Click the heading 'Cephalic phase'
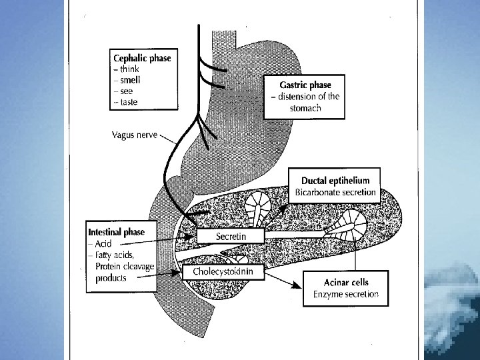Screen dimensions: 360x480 click(141, 58)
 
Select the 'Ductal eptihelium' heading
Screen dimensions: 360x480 click(335, 181)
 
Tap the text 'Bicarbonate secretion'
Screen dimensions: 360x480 click(335, 193)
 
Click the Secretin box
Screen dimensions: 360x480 click(231, 236)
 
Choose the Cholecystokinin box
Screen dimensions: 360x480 click(223, 272)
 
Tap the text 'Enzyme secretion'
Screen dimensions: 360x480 click(345, 294)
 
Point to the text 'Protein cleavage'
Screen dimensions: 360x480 click(125, 267)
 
